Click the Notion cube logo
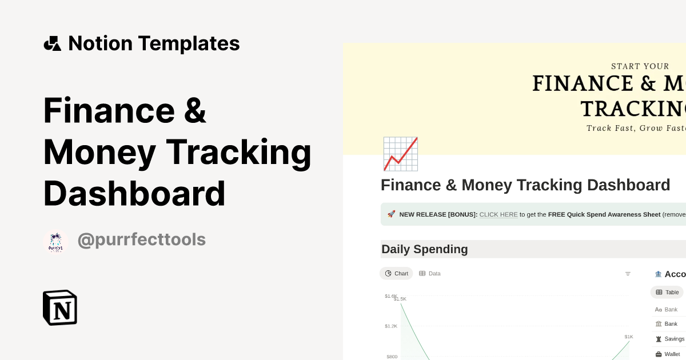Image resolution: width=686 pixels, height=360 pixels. tap(60, 307)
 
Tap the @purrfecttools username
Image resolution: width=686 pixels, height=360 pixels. tap(141, 239)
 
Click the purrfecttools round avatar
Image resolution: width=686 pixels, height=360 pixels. tap(56, 242)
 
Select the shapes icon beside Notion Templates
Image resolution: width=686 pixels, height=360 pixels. tap(53, 43)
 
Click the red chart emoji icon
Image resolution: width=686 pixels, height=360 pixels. tap(400, 154)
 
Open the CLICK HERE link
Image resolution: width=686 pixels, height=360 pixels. tap(498, 214)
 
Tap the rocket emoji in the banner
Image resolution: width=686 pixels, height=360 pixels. tap(392, 214)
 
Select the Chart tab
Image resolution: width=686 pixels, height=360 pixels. tap(396, 273)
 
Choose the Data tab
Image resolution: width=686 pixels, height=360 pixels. tap(430, 273)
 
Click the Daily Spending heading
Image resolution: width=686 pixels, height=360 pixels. tap(425, 249)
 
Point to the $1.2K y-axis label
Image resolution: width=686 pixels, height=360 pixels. tap(391, 326)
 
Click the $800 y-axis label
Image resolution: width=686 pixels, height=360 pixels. tap(392, 357)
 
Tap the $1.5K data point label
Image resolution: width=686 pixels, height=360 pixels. tap(400, 299)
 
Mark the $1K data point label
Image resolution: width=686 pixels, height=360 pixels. tap(629, 337)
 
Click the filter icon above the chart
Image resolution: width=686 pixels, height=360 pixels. tap(628, 274)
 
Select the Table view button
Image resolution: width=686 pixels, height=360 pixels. tap(667, 292)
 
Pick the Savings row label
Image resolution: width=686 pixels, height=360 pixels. tap(674, 339)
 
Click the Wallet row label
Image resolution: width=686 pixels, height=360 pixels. tap(672, 354)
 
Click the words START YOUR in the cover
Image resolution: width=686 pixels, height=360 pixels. tap(640, 66)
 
